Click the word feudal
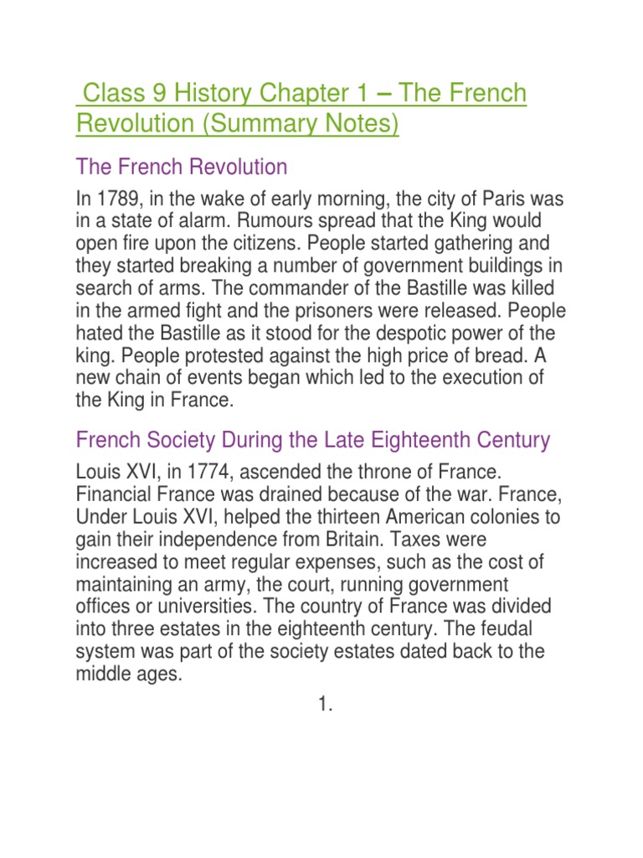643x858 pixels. pos(527,628)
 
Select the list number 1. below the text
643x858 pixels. pos(326,706)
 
